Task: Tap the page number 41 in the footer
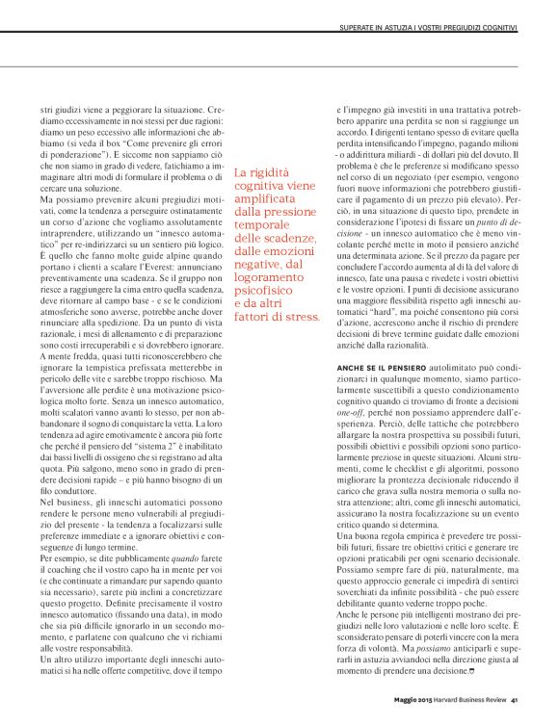pos(516,699)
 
